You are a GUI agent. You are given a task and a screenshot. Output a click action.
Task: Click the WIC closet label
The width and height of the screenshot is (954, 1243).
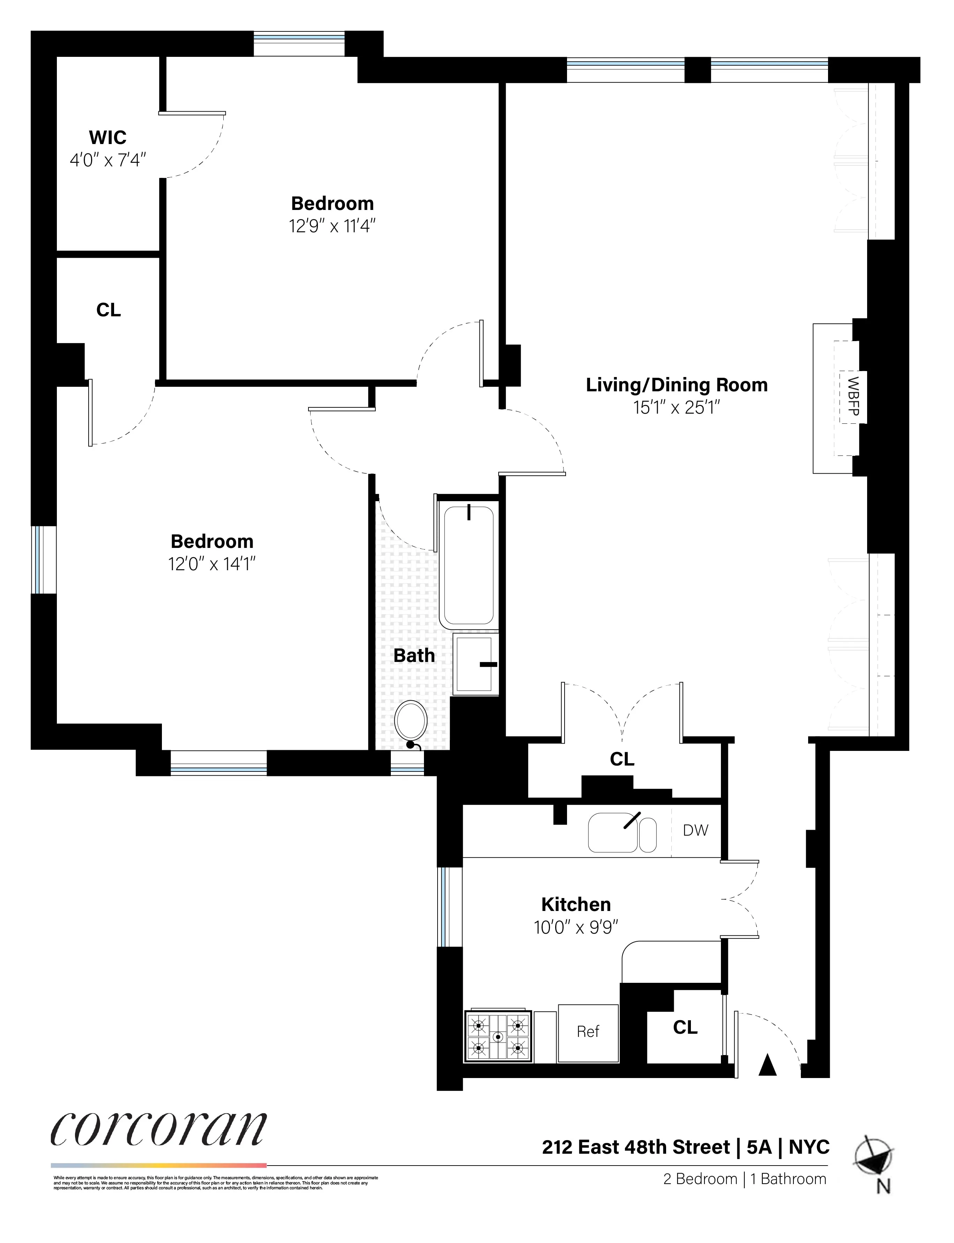[x=107, y=137]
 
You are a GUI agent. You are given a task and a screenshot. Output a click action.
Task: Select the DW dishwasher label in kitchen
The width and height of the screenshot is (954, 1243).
[x=696, y=830]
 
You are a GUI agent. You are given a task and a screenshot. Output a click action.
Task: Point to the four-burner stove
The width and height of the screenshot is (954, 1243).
[x=498, y=1037]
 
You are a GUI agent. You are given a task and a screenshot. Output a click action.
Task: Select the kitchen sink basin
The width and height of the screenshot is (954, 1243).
[x=613, y=833]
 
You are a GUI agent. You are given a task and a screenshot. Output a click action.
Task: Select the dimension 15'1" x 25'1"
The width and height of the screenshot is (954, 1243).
[x=677, y=407]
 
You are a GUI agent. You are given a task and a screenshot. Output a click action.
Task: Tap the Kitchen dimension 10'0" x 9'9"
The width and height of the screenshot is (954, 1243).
[x=576, y=927]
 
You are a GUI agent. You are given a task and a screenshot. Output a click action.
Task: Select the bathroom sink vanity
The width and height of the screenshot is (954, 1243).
[x=475, y=664]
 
